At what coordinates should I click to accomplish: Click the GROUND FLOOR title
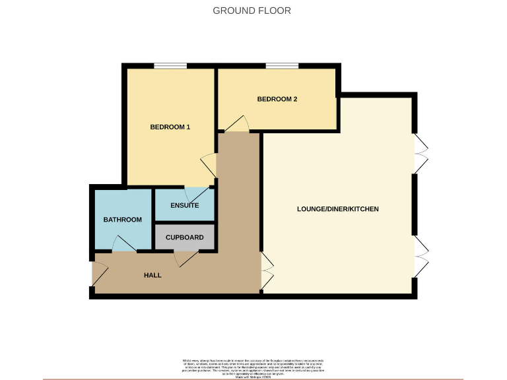click(x=252, y=11)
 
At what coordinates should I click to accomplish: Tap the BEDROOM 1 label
click(x=170, y=127)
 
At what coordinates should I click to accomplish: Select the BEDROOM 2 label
click(x=277, y=100)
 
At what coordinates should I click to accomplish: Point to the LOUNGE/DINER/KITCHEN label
click(x=337, y=209)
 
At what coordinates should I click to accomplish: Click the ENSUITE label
click(x=185, y=205)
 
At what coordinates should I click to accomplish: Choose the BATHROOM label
click(x=122, y=220)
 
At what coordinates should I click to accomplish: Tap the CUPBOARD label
click(x=185, y=237)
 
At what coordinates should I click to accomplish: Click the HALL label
click(x=152, y=275)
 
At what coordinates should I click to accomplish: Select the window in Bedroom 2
click(x=277, y=65)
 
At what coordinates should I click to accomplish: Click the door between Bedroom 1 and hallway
click(x=209, y=164)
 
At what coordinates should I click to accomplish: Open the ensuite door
click(x=195, y=194)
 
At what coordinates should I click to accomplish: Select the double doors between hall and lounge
click(x=266, y=270)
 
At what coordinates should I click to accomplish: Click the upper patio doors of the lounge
click(x=421, y=154)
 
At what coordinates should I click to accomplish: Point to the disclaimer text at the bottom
click(x=253, y=367)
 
